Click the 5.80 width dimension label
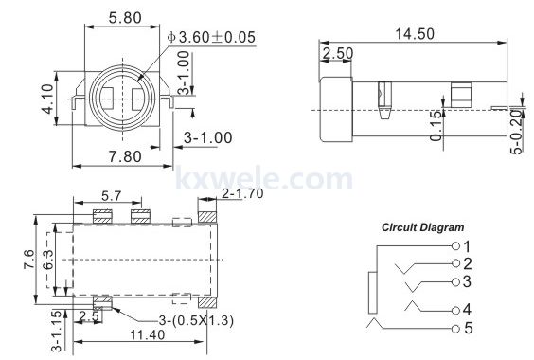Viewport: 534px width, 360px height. [125, 18]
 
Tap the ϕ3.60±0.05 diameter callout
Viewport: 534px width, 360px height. [211, 37]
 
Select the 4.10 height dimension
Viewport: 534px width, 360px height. [47, 99]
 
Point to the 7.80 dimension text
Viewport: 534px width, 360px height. [125, 156]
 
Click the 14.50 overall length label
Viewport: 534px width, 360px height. [415, 34]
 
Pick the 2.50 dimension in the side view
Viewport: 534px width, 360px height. [338, 53]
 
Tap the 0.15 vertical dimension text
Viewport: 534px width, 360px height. [436, 125]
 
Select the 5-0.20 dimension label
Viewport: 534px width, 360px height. [517, 132]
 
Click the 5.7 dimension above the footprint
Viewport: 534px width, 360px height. [112, 196]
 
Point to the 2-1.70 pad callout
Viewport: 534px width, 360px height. [242, 193]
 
